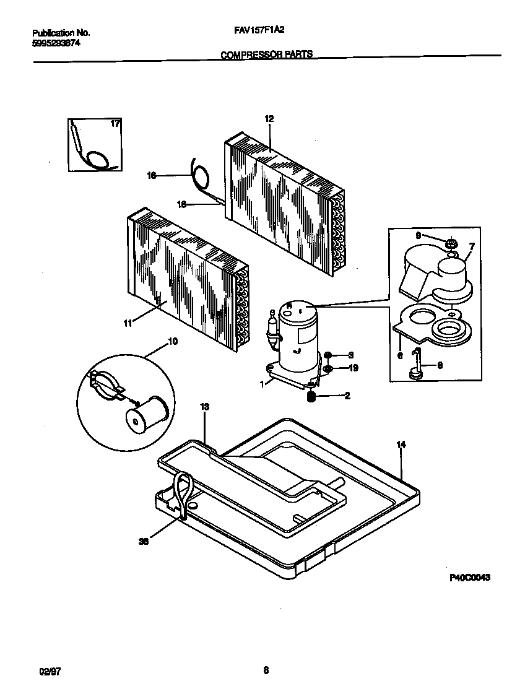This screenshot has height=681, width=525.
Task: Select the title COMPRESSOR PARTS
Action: point(266,54)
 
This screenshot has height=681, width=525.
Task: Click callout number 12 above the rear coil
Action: point(268,119)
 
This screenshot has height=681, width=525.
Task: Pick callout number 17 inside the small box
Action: point(114,124)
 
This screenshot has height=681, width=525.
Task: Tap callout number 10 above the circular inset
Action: point(172,341)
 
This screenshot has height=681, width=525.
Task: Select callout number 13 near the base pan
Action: point(204,407)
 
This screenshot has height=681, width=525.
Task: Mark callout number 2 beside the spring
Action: point(347,396)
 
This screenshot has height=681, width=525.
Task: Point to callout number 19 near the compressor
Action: point(353,368)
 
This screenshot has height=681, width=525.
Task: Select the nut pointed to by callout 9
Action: point(451,242)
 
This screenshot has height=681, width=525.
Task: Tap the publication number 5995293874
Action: point(56,43)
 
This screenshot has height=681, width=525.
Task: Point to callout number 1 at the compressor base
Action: point(262,384)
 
